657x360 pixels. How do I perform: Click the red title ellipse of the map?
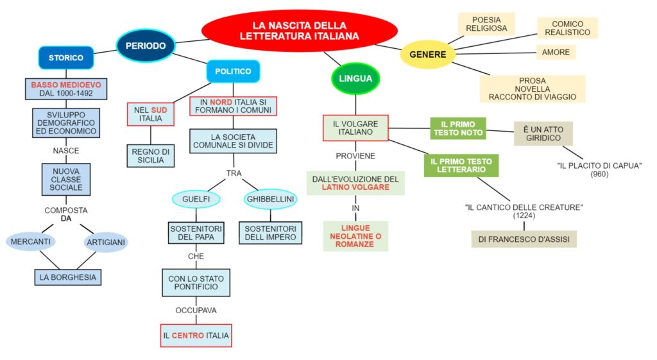[299, 31]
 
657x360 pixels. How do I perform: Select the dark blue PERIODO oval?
[145, 46]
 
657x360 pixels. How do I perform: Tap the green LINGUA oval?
[355, 79]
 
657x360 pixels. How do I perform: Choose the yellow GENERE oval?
[427, 55]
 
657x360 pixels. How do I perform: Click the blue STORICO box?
[66, 57]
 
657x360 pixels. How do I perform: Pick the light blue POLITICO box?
[233, 71]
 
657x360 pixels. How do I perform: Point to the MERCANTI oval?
[31, 242]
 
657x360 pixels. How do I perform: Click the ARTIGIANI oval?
[105, 243]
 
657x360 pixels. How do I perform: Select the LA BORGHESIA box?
[68, 277]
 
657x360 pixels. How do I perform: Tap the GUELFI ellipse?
[196, 200]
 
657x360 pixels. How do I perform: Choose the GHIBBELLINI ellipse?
[270, 200]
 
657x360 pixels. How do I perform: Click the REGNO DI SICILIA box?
[150, 156]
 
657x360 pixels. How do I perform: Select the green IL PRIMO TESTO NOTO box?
[457, 128]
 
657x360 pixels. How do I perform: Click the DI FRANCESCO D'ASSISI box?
[524, 239]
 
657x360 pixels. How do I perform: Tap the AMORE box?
[556, 52]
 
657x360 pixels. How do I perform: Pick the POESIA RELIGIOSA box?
[486, 24]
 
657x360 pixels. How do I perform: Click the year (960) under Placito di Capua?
[599, 174]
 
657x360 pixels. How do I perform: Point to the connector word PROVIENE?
[355, 156]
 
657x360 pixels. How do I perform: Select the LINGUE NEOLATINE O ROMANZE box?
[355, 236]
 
